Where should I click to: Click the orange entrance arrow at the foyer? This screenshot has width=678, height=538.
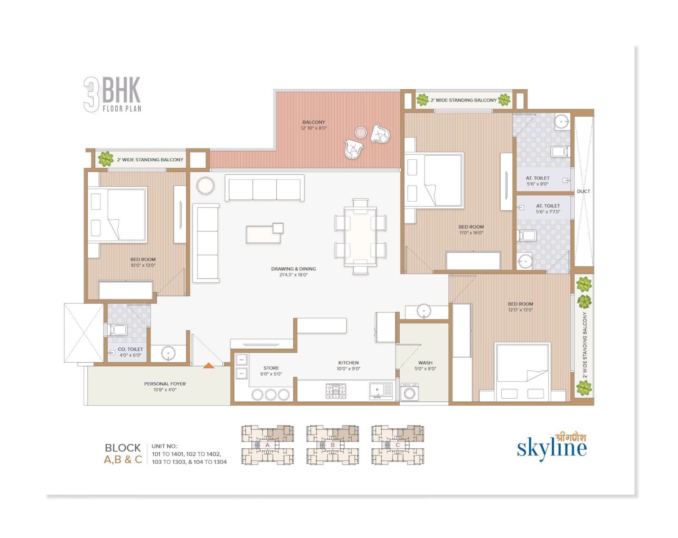pos(208,365)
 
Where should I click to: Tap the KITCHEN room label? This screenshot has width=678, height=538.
pos(348,363)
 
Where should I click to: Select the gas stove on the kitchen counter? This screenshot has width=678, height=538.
pos(336,391)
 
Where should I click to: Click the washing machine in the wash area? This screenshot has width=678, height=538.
pos(409,392)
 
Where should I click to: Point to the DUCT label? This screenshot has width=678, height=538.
pos(584,191)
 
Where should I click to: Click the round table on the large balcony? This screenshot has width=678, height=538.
pos(361,132)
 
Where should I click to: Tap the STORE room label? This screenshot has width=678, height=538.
pos(271,368)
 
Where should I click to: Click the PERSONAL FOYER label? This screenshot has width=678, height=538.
pos(165,384)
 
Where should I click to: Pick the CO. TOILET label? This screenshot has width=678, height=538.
pos(131,350)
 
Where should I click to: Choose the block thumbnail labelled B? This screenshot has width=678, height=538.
pos(332,445)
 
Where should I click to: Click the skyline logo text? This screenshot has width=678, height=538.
pos(551,448)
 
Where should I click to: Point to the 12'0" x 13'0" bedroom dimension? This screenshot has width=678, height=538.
pos(520,310)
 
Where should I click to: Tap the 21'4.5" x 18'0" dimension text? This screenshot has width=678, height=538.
pos(293,275)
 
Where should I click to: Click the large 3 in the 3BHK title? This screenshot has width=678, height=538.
pos(92,94)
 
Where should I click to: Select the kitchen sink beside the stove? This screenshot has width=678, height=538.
pos(381,391)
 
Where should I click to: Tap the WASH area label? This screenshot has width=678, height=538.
pos(425,363)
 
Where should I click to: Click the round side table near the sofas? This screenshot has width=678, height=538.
pos(206,186)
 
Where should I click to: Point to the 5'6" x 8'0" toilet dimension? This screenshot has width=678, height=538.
pos(537,184)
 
